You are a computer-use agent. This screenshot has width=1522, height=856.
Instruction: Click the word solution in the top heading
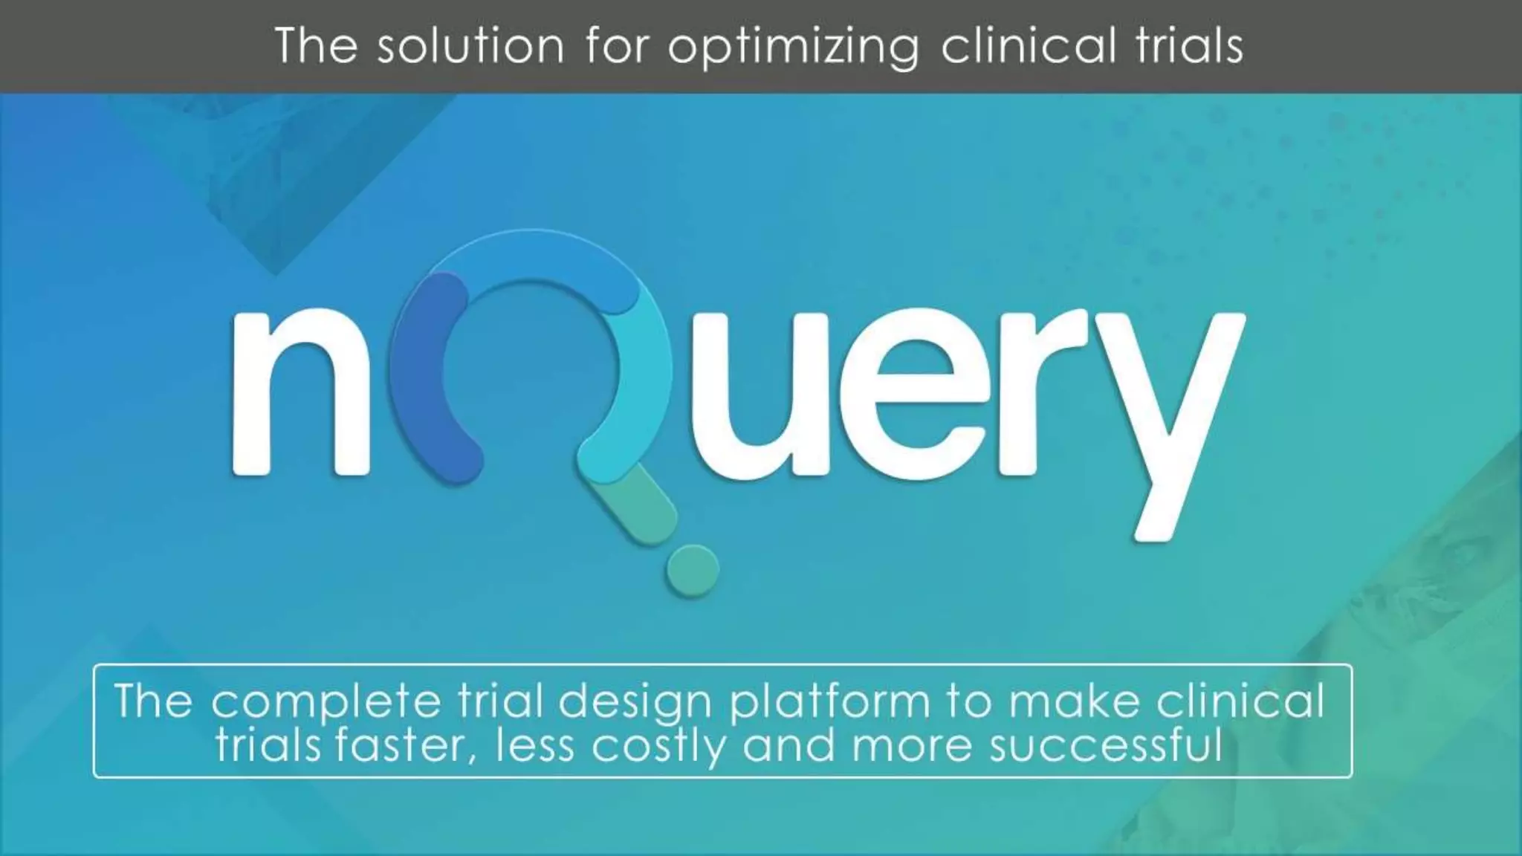tap(470, 46)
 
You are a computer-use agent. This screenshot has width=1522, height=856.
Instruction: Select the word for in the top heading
tap(617, 46)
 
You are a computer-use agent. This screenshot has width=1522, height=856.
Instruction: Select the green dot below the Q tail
tap(692, 570)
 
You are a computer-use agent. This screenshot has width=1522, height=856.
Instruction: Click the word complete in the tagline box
tap(326, 702)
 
